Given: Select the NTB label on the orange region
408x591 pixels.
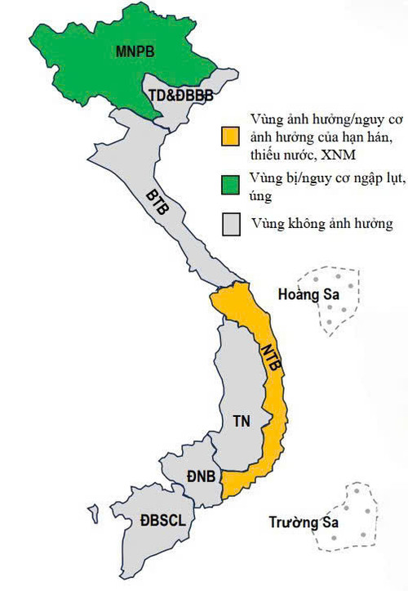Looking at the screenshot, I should [271, 360].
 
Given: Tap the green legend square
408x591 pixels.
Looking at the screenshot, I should [235, 186].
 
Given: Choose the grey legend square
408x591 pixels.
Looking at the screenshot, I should [235, 222].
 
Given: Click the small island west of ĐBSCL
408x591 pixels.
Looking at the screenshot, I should [95, 514].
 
